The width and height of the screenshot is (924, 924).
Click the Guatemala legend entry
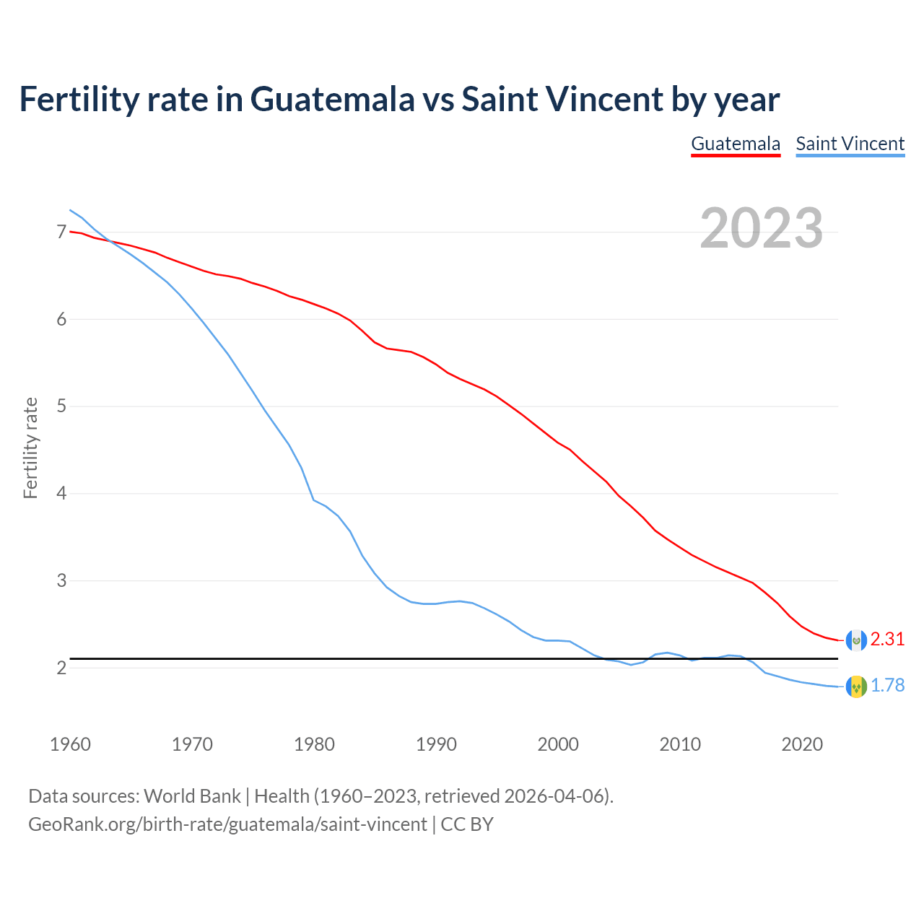click(x=736, y=144)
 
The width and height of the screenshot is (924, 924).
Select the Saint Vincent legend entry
click(x=850, y=144)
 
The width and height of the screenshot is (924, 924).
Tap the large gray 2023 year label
click(x=761, y=228)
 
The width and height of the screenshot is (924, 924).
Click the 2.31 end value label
click(x=887, y=640)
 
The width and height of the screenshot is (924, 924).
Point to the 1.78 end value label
click(x=887, y=686)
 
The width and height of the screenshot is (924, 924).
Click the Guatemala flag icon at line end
click(x=856, y=640)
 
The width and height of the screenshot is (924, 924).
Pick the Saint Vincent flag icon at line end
click(x=856, y=687)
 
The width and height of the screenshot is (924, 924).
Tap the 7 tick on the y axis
click(x=61, y=232)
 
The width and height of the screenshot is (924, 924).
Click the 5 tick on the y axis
click(x=61, y=406)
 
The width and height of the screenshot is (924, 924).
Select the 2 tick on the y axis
click(x=61, y=668)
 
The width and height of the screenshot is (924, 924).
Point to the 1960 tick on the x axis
click(x=70, y=744)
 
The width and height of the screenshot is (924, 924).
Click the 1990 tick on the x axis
click(x=436, y=744)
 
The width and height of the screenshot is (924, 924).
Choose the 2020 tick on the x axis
click(x=802, y=744)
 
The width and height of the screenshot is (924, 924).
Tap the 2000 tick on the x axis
click(x=558, y=744)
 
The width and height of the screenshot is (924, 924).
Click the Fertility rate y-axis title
click(x=30, y=448)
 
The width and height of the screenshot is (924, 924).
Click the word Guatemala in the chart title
click(x=333, y=100)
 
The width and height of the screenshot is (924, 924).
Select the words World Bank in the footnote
click(x=192, y=796)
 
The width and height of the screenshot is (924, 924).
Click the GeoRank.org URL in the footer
click(x=227, y=824)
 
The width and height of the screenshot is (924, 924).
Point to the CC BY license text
click(x=467, y=824)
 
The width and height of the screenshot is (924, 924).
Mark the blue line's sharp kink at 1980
click(x=313, y=500)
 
